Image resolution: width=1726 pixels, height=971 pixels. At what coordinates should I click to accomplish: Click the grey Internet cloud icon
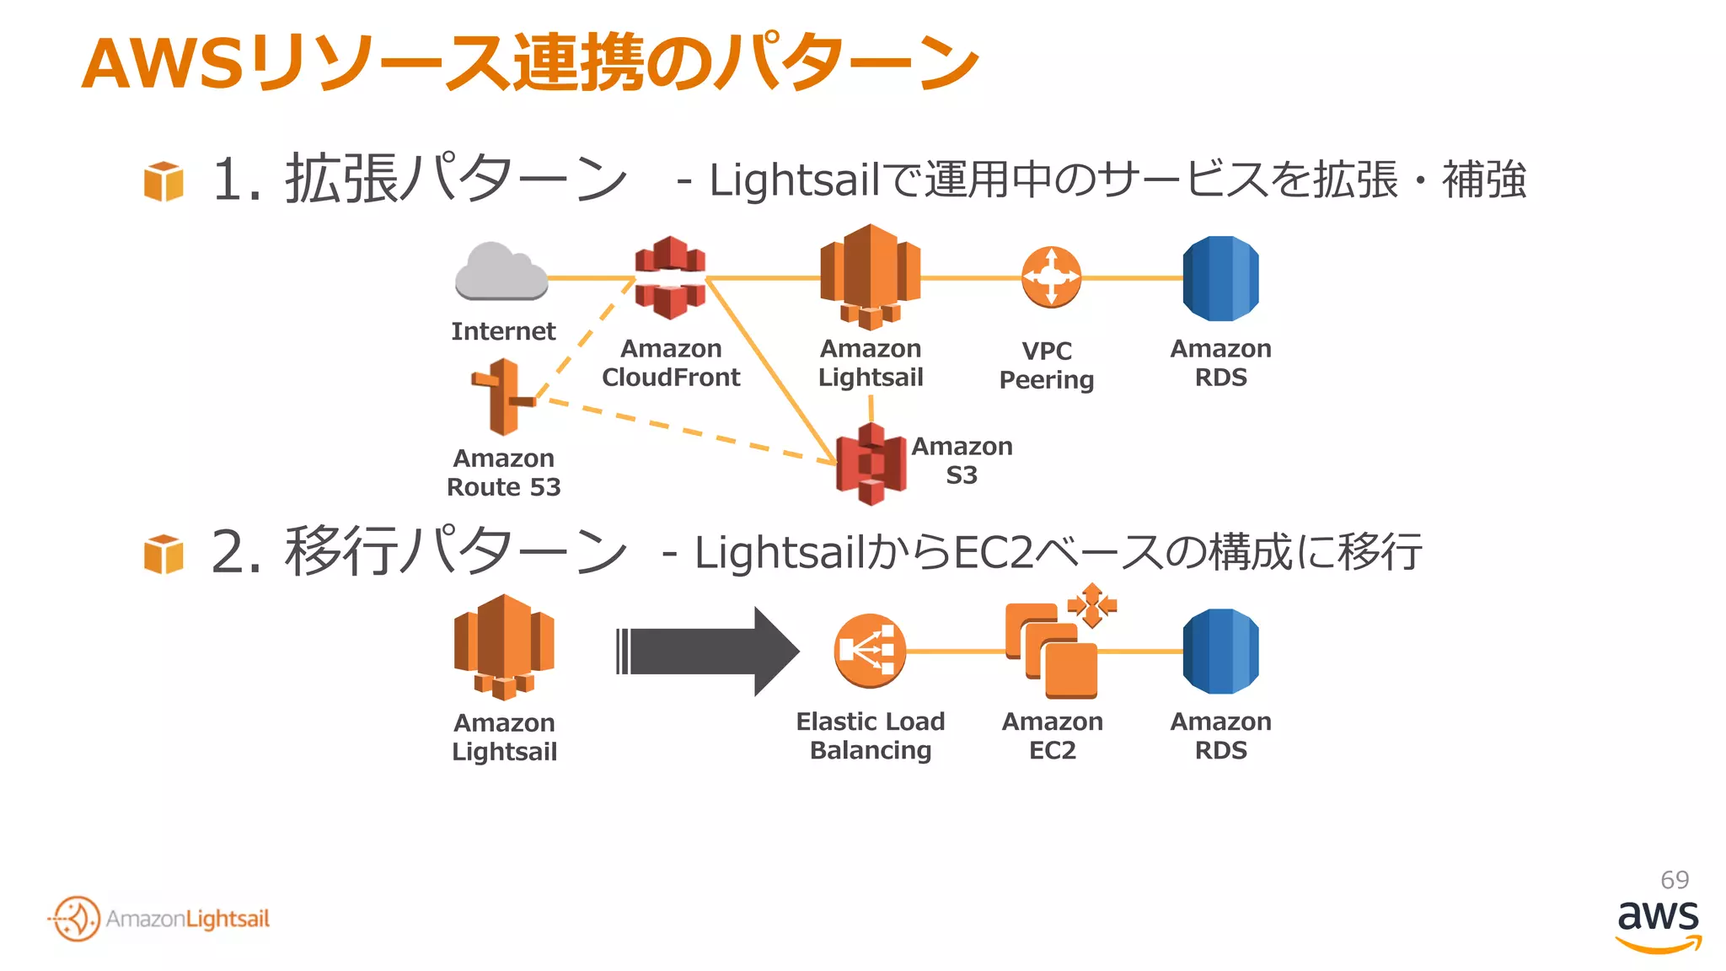[x=501, y=272]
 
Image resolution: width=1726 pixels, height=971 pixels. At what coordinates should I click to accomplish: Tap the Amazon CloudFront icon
[x=670, y=277]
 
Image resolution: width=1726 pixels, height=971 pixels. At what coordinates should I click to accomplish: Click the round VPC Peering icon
[x=1050, y=277]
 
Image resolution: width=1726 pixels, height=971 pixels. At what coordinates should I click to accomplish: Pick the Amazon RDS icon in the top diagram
[x=1220, y=279]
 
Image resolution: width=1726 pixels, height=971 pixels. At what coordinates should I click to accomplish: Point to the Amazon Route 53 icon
[x=503, y=397]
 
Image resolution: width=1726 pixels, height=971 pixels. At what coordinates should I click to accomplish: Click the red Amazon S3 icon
[x=871, y=464]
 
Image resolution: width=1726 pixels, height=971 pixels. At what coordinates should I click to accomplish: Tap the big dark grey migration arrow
[x=708, y=652]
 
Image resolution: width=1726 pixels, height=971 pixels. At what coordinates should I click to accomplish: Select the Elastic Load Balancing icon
[x=870, y=651]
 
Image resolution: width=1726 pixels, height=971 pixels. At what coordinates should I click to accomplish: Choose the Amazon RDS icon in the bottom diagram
[x=1220, y=652]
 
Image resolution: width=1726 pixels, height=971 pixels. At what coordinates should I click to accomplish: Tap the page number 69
[x=1674, y=880]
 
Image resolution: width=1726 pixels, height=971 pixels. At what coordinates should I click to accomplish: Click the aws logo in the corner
[x=1658, y=924]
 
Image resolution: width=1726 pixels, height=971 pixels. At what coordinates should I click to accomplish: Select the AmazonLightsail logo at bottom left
[x=160, y=919]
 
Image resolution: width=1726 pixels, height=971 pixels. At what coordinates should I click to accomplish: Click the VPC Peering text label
[x=1047, y=366]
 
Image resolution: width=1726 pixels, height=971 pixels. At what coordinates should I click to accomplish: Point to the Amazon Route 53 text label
[x=504, y=473]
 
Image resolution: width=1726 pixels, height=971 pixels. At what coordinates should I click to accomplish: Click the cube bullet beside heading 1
[x=163, y=181]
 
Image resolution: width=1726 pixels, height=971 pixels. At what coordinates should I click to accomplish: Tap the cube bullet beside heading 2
[x=163, y=554]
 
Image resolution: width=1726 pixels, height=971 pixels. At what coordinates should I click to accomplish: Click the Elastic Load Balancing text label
[x=871, y=736]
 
